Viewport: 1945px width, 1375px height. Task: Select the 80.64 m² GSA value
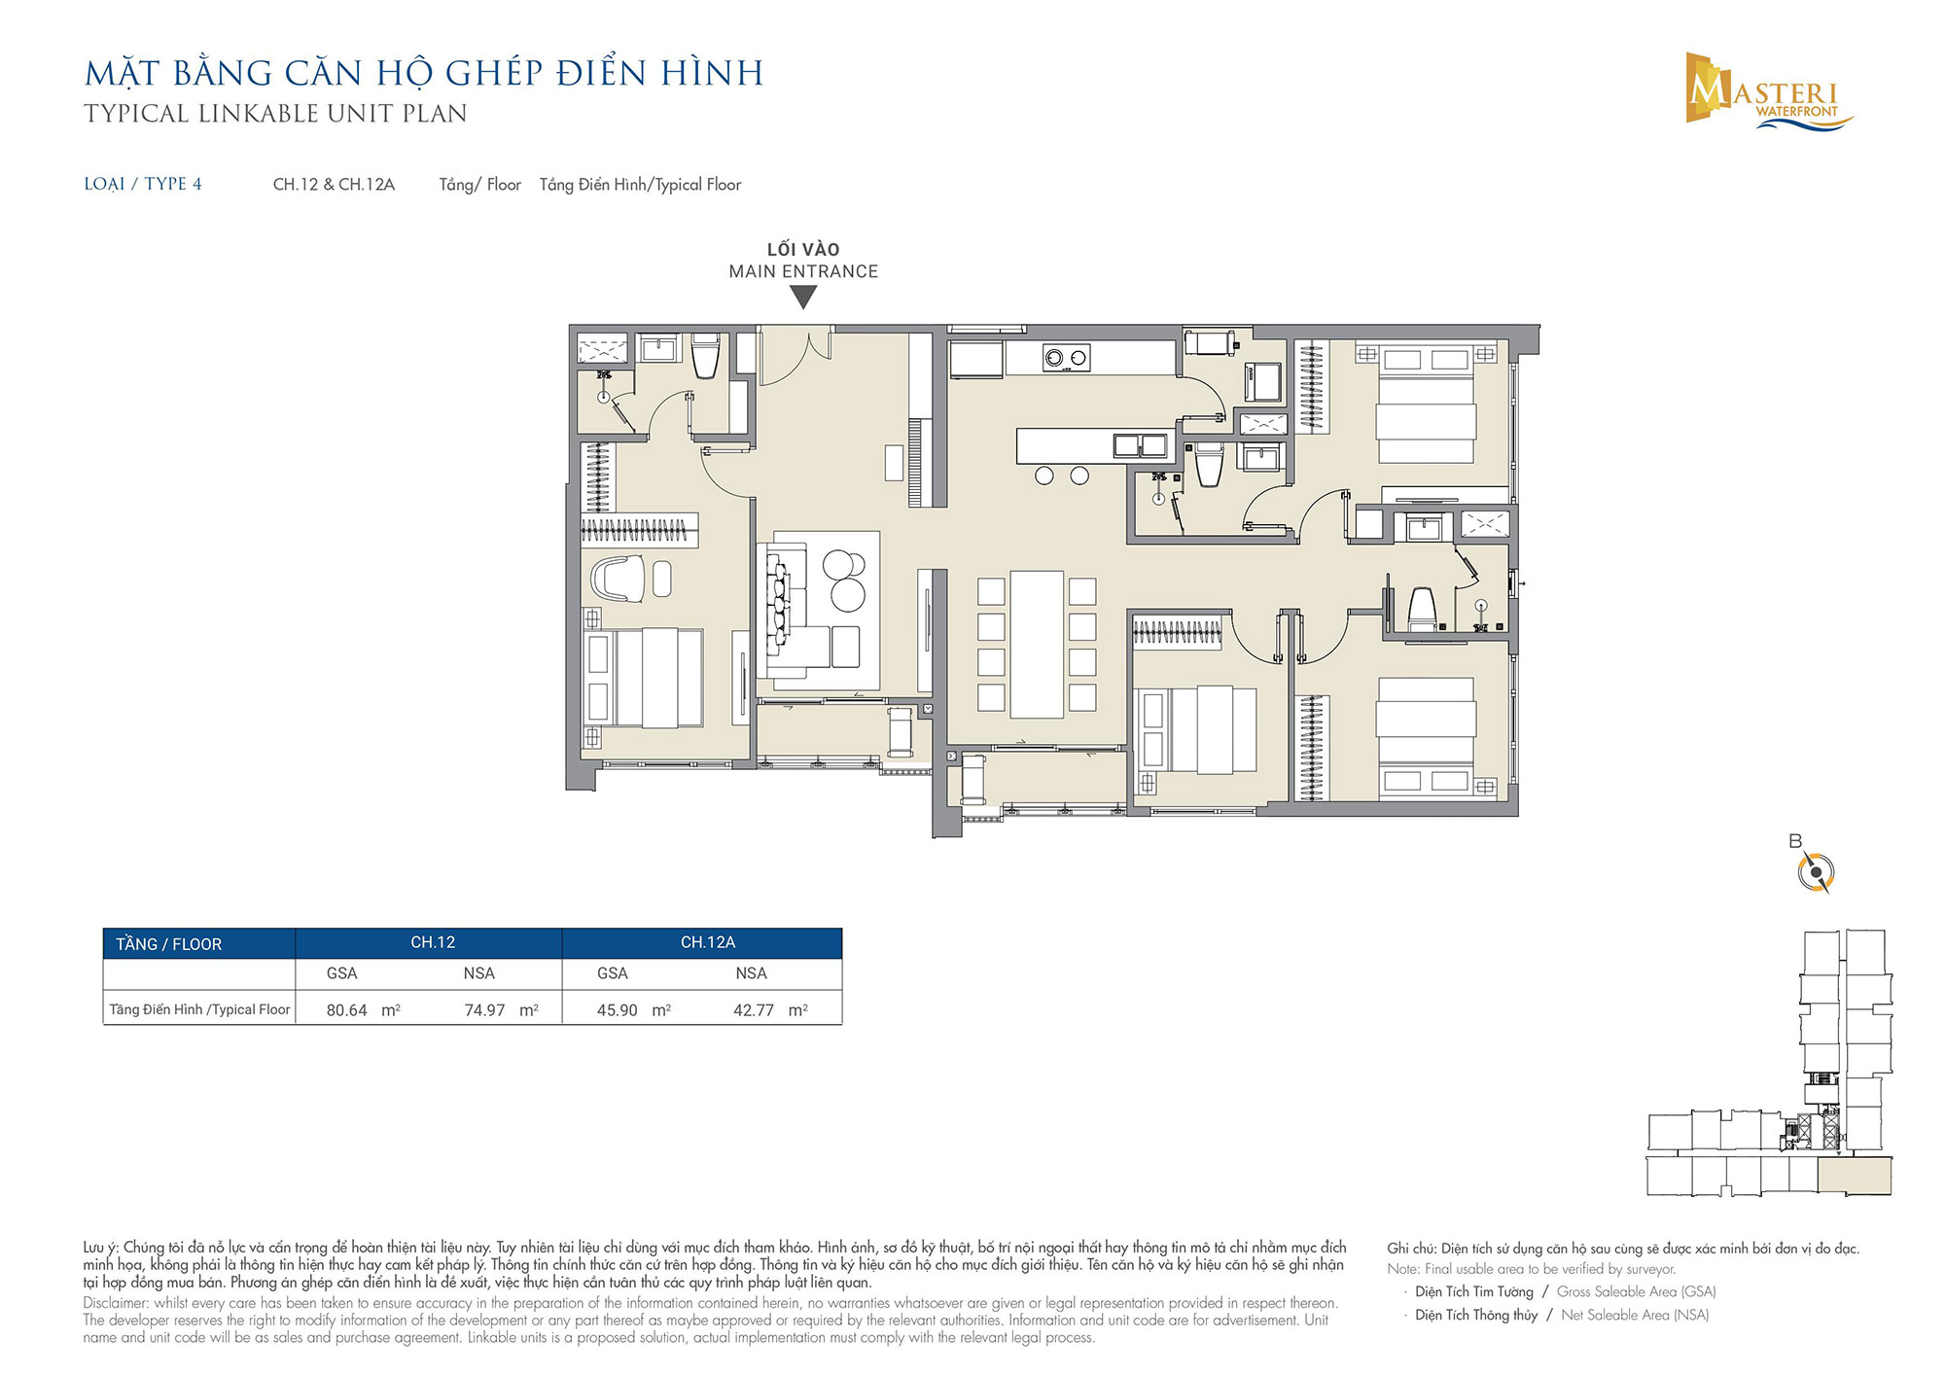pos(363,1010)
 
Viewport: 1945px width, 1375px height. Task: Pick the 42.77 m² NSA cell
pos(770,1010)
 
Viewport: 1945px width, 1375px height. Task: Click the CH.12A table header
pos(708,942)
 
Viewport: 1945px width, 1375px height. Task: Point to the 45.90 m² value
pos(633,1010)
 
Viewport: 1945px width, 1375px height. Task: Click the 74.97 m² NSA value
pos(501,1010)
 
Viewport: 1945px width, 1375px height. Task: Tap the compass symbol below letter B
pos(1816,872)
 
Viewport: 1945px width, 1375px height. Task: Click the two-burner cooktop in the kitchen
pos(1066,358)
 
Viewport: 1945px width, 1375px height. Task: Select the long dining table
pos(1037,645)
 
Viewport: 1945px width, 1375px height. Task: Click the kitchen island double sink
pos(1140,445)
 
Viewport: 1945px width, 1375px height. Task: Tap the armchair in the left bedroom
pos(618,579)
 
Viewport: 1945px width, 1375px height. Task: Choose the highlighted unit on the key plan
pos(1855,1177)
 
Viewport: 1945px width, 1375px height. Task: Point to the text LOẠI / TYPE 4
pos(143,184)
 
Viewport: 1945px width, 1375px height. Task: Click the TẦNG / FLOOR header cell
pos(169,944)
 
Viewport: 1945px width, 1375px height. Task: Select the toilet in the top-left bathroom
pos(705,357)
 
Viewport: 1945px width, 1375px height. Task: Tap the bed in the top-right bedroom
pos(1427,404)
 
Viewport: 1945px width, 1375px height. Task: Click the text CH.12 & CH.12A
pos(334,185)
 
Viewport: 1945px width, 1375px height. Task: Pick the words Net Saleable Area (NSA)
pos(1635,1315)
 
